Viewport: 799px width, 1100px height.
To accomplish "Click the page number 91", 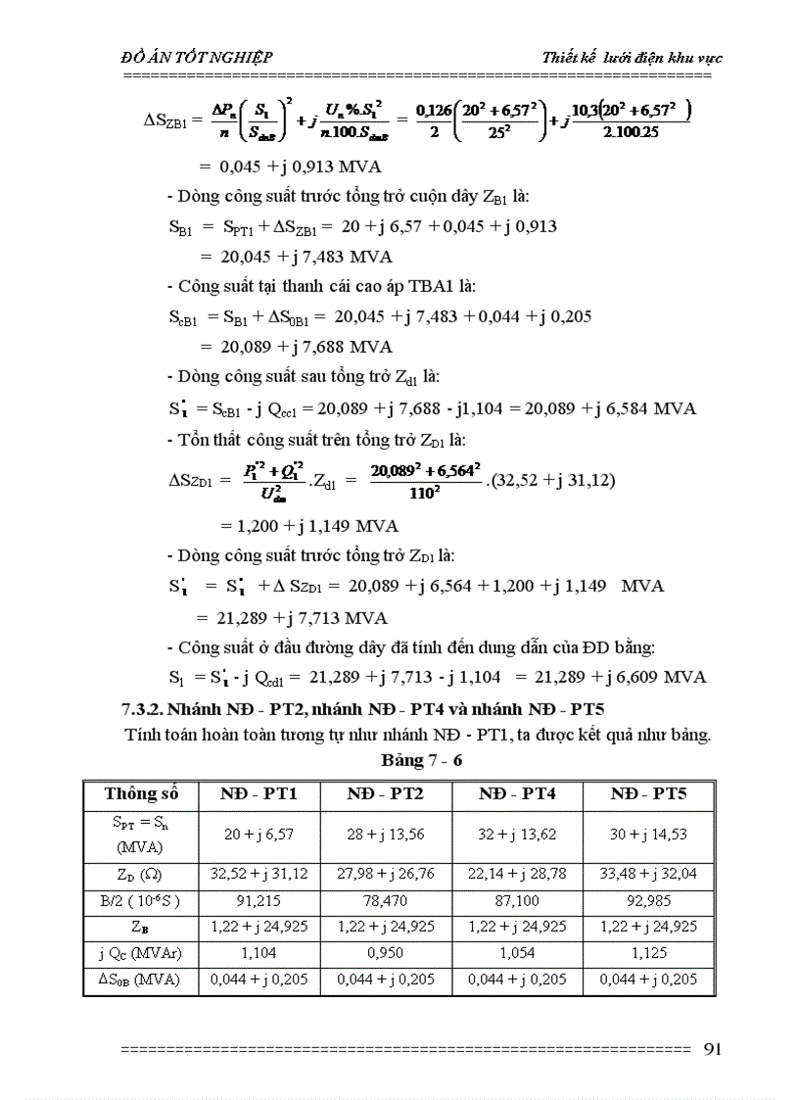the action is point(712,1048).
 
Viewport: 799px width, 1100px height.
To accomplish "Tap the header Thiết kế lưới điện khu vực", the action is point(633,57).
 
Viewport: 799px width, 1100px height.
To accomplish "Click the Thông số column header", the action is point(141,793).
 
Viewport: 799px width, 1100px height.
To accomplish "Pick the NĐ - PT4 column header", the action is point(517,793).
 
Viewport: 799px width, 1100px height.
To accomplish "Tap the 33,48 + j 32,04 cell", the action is point(648,872).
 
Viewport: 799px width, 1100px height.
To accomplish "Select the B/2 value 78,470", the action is point(386,898).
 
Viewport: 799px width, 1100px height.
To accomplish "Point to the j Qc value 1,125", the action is point(648,951).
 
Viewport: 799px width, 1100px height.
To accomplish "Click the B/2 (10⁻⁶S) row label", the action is point(141,898).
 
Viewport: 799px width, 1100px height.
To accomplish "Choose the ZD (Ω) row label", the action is point(141,872).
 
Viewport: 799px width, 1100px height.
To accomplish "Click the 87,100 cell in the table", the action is point(517,898).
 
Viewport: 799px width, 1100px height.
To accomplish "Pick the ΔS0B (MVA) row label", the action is point(141,978).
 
